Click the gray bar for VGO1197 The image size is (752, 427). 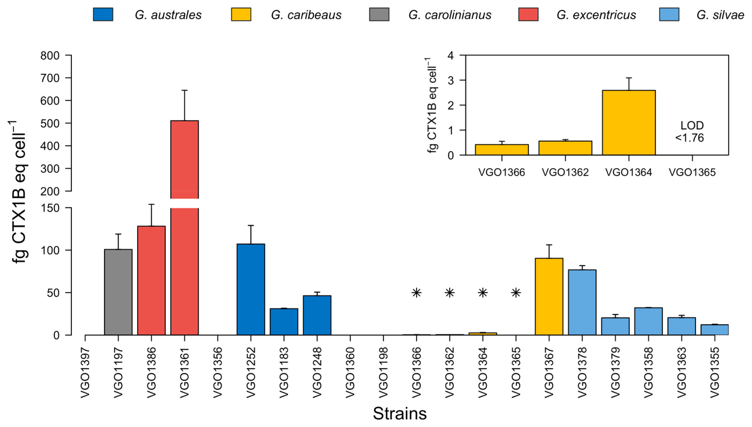[118, 292]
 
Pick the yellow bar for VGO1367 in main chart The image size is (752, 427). [549, 296]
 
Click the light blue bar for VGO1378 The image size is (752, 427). [582, 302]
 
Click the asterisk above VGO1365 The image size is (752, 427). [516, 293]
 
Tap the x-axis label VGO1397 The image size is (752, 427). [85, 372]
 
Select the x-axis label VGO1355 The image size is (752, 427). [715, 372]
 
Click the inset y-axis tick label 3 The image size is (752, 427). [451, 80]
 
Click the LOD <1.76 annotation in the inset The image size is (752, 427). [692, 131]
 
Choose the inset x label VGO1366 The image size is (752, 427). [502, 172]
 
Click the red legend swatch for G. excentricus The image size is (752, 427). [528, 14]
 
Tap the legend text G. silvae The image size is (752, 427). [720, 15]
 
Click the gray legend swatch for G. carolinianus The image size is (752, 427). [379, 14]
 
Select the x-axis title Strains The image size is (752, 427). [400, 414]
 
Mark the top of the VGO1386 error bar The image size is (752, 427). [151, 204]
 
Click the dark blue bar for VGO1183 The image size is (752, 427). [284, 321]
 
